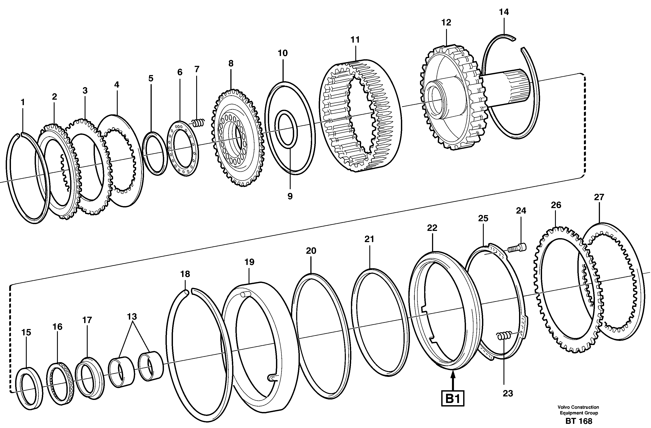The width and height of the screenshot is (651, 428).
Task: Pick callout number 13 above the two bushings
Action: [x=132, y=317]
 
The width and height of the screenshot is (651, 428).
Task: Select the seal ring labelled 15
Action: [x=29, y=388]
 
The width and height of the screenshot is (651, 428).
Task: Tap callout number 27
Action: [x=599, y=197]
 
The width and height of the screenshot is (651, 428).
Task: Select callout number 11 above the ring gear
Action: [x=355, y=40]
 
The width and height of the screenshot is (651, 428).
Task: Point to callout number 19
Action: [x=249, y=262]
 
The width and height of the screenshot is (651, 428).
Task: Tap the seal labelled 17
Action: [x=89, y=378]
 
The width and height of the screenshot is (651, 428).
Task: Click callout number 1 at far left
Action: [x=23, y=102]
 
